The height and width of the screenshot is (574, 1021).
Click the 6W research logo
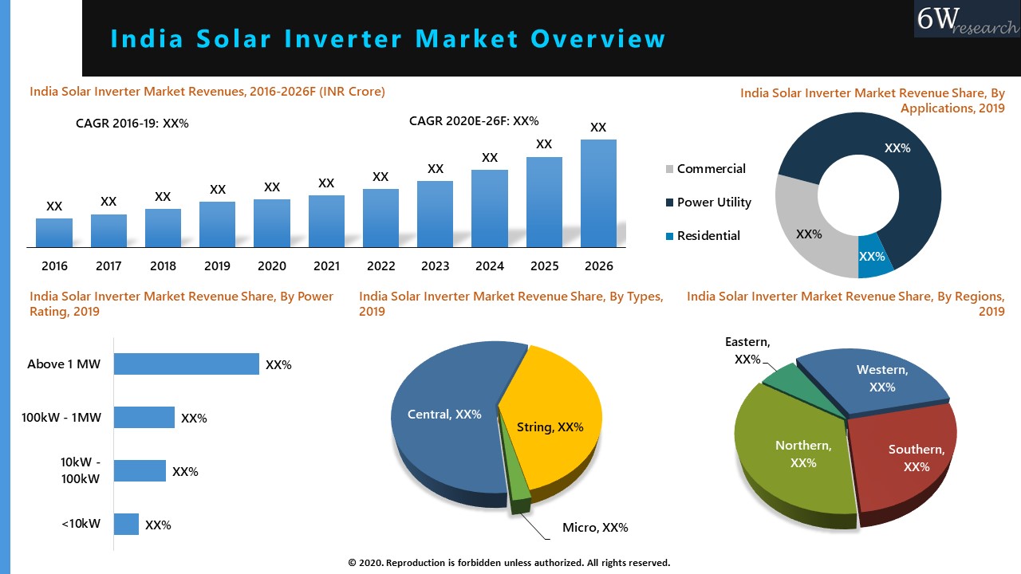pos(967,19)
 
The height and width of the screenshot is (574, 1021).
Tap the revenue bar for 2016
pos(54,233)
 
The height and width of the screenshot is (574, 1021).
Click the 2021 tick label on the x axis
pos(326,265)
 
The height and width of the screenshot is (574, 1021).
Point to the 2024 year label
pos(490,265)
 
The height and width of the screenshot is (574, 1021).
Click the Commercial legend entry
pos(711,169)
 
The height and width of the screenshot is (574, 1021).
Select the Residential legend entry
pos(708,236)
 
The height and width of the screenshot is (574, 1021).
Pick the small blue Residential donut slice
pos(873,258)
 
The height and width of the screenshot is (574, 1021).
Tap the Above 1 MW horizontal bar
pos(186,364)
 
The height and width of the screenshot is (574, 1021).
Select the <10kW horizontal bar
pos(126,525)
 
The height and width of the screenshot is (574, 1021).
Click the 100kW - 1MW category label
pos(61,417)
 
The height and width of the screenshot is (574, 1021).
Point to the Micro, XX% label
pos(595,528)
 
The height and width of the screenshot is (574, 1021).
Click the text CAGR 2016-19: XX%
pos(132,124)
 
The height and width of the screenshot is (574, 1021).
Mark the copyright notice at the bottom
pos(509,563)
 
